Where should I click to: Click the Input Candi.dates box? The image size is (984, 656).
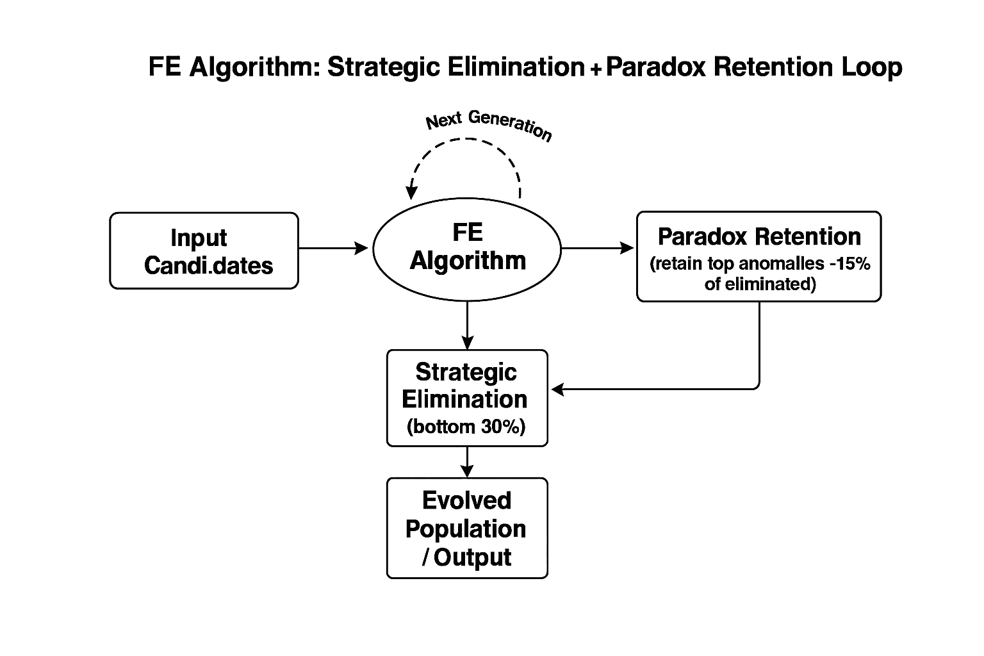pos(204,250)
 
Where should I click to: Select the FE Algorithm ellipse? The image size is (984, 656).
pos(467,247)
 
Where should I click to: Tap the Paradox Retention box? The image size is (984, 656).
pos(758,256)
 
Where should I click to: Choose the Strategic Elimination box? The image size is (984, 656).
pos(467,398)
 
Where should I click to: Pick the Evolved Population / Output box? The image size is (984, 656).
pos(467,529)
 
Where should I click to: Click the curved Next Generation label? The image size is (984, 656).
pos(488,125)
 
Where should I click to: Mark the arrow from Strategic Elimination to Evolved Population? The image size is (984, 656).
pos(468,461)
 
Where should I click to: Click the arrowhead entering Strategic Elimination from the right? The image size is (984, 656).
pos(557,389)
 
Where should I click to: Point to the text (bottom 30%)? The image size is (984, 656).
pos(466,427)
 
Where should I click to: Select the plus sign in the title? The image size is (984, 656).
pos(594,69)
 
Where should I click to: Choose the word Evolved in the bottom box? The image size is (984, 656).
pos(466,500)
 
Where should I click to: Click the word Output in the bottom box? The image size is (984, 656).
pos(472,557)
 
